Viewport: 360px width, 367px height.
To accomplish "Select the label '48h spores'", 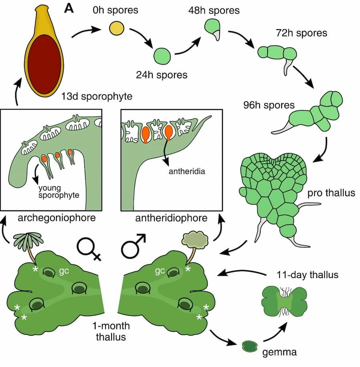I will pyautogui.click(x=214, y=10).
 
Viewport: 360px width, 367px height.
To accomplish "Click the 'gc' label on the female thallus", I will pyautogui.click(x=63, y=270).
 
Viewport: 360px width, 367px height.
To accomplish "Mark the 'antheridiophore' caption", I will pyautogui.click(x=172, y=218).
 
